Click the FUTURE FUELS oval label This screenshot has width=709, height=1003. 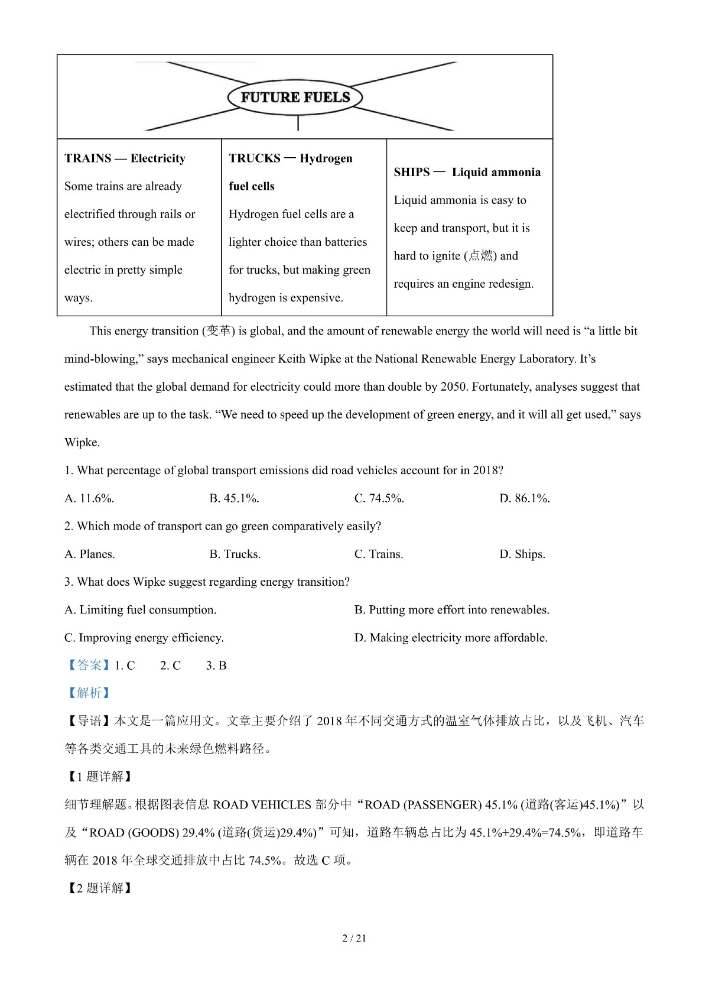[295, 98]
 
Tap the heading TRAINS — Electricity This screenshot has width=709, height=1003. [125, 158]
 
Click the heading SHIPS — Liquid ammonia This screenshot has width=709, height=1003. [467, 172]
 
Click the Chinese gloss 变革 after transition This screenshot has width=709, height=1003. [219, 331]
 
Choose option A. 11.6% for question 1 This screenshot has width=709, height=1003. [89, 498]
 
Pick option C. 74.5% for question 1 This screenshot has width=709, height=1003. [379, 498]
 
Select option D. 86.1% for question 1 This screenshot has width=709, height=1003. [524, 498]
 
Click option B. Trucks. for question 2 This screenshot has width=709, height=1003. [235, 554]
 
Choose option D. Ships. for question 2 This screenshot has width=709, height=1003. [522, 554]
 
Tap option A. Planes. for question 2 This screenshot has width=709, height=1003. [89, 554]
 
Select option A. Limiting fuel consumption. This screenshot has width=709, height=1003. [140, 610]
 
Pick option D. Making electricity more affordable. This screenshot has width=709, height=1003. [451, 638]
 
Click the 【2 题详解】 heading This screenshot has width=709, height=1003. [98, 888]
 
